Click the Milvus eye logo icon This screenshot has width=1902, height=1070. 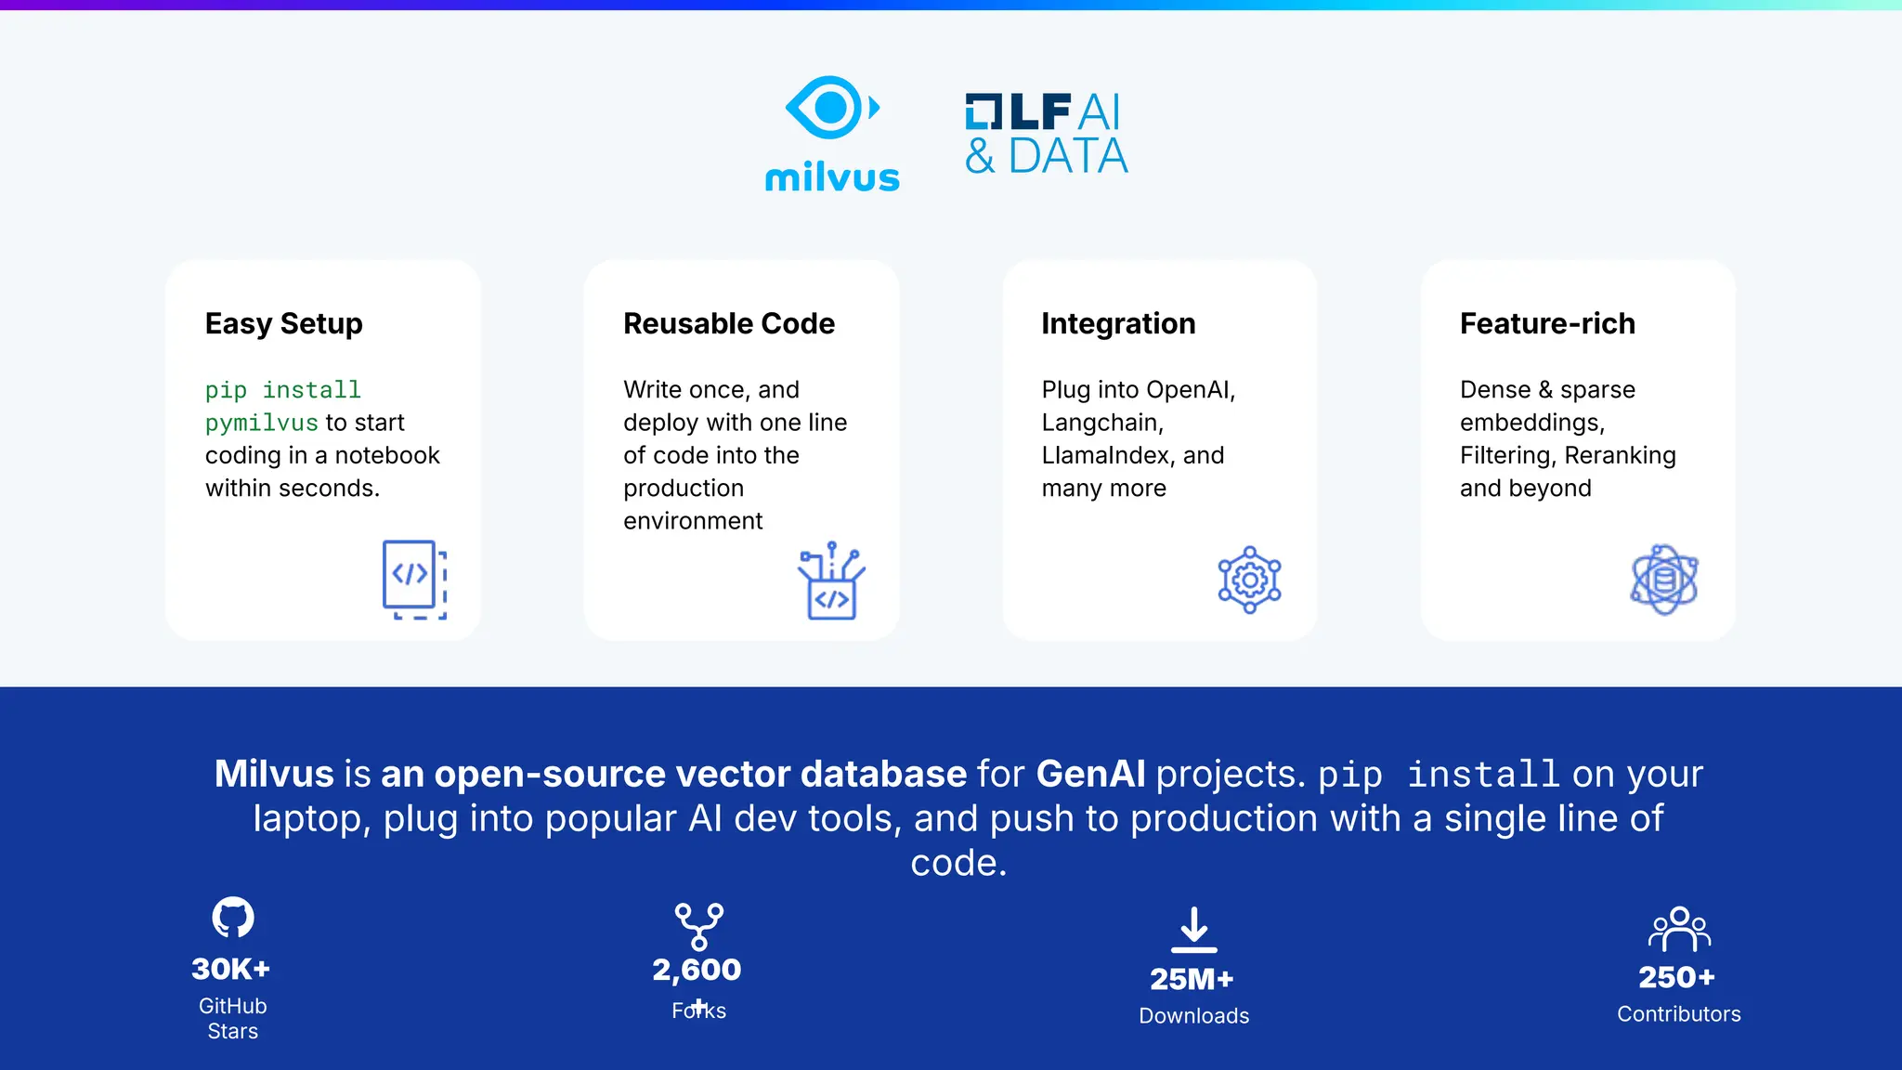click(x=831, y=108)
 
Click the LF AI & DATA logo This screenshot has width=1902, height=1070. click(x=1046, y=135)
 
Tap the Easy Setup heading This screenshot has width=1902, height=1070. click(x=283, y=323)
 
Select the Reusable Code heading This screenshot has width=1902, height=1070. click(x=729, y=323)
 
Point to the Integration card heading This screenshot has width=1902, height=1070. click(x=1118, y=323)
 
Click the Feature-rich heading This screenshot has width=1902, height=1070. click(x=1547, y=323)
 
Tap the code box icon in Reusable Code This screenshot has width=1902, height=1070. click(x=831, y=581)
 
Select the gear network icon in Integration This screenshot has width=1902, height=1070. click(x=1249, y=580)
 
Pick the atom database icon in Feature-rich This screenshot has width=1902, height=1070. click(x=1664, y=580)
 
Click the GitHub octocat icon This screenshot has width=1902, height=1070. click(x=233, y=918)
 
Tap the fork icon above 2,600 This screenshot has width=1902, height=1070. click(x=698, y=926)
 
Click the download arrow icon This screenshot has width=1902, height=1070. click(x=1194, y=930)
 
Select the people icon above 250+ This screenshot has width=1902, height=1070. click(x=1679, y=929)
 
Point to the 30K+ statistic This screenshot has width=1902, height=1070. click(x=231, y=969)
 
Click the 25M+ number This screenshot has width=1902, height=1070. click(x=1192, y=979)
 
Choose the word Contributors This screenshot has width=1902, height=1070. click(x=1679, y=1014)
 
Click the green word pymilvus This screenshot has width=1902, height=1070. click(x=262, y=423)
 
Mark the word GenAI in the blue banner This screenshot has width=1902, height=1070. click(x=1090, y=774)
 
